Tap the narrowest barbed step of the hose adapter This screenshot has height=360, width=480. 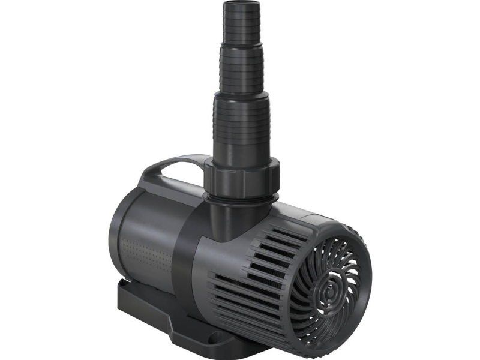pyautogui.click(x=242, y=27)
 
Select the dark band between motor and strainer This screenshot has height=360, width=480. pyautogui.click(x=192, y=252)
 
